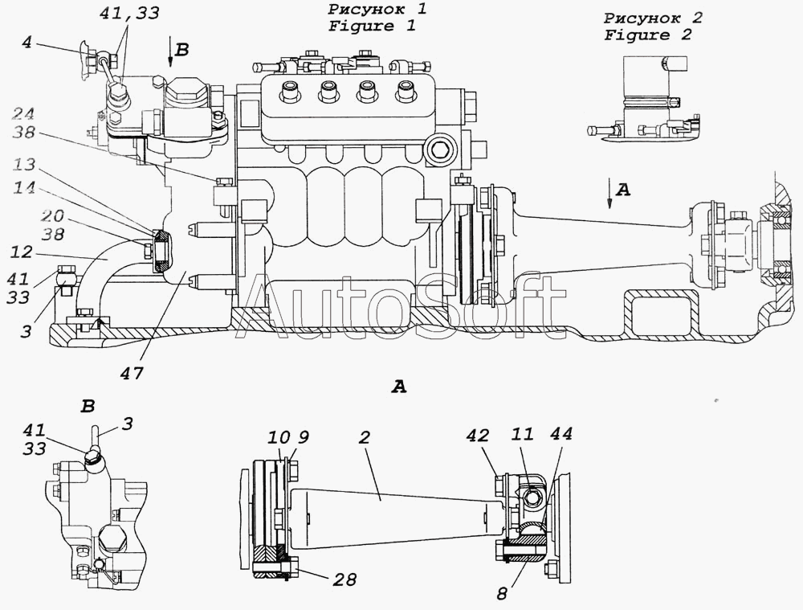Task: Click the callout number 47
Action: point(132,373)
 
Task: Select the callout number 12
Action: point(22,252)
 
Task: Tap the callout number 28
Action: point(344,579)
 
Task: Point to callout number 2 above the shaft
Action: point(364,437)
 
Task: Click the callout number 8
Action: point(503,593)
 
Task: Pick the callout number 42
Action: point(478,436)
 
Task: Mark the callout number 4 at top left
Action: point(26,42)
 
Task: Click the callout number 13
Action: point(24,165)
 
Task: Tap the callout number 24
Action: point(23,114)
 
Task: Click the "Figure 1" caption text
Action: point(372,26)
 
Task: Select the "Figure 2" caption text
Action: point(647,35)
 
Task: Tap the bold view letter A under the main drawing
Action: point(399,387)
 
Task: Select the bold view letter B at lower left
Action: point(88,407)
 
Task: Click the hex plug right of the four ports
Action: point(440,150)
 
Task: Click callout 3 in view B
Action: point(128,424)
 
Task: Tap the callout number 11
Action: point(522,434)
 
